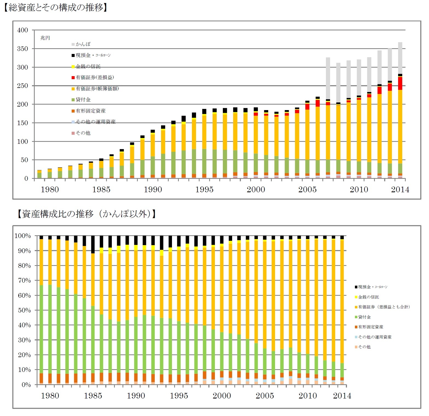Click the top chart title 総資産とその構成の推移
point(56,7)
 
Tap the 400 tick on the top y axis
point(22,30)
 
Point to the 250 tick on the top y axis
point(22,86)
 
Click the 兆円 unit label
point(45,38)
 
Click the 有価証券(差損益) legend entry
point(95,78)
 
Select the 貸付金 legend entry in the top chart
point(83,100)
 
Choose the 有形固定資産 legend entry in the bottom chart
point(370,327)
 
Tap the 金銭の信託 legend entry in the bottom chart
point(368,297)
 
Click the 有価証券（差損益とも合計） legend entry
point(384,307)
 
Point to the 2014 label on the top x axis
point(400,190)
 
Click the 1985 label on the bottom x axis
point(93,396)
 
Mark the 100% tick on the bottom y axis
point(23,236)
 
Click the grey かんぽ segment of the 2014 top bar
point(400,58)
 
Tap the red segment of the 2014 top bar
point(400,84)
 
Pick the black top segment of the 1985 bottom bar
point(93,244)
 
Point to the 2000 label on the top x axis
point(256,190)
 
